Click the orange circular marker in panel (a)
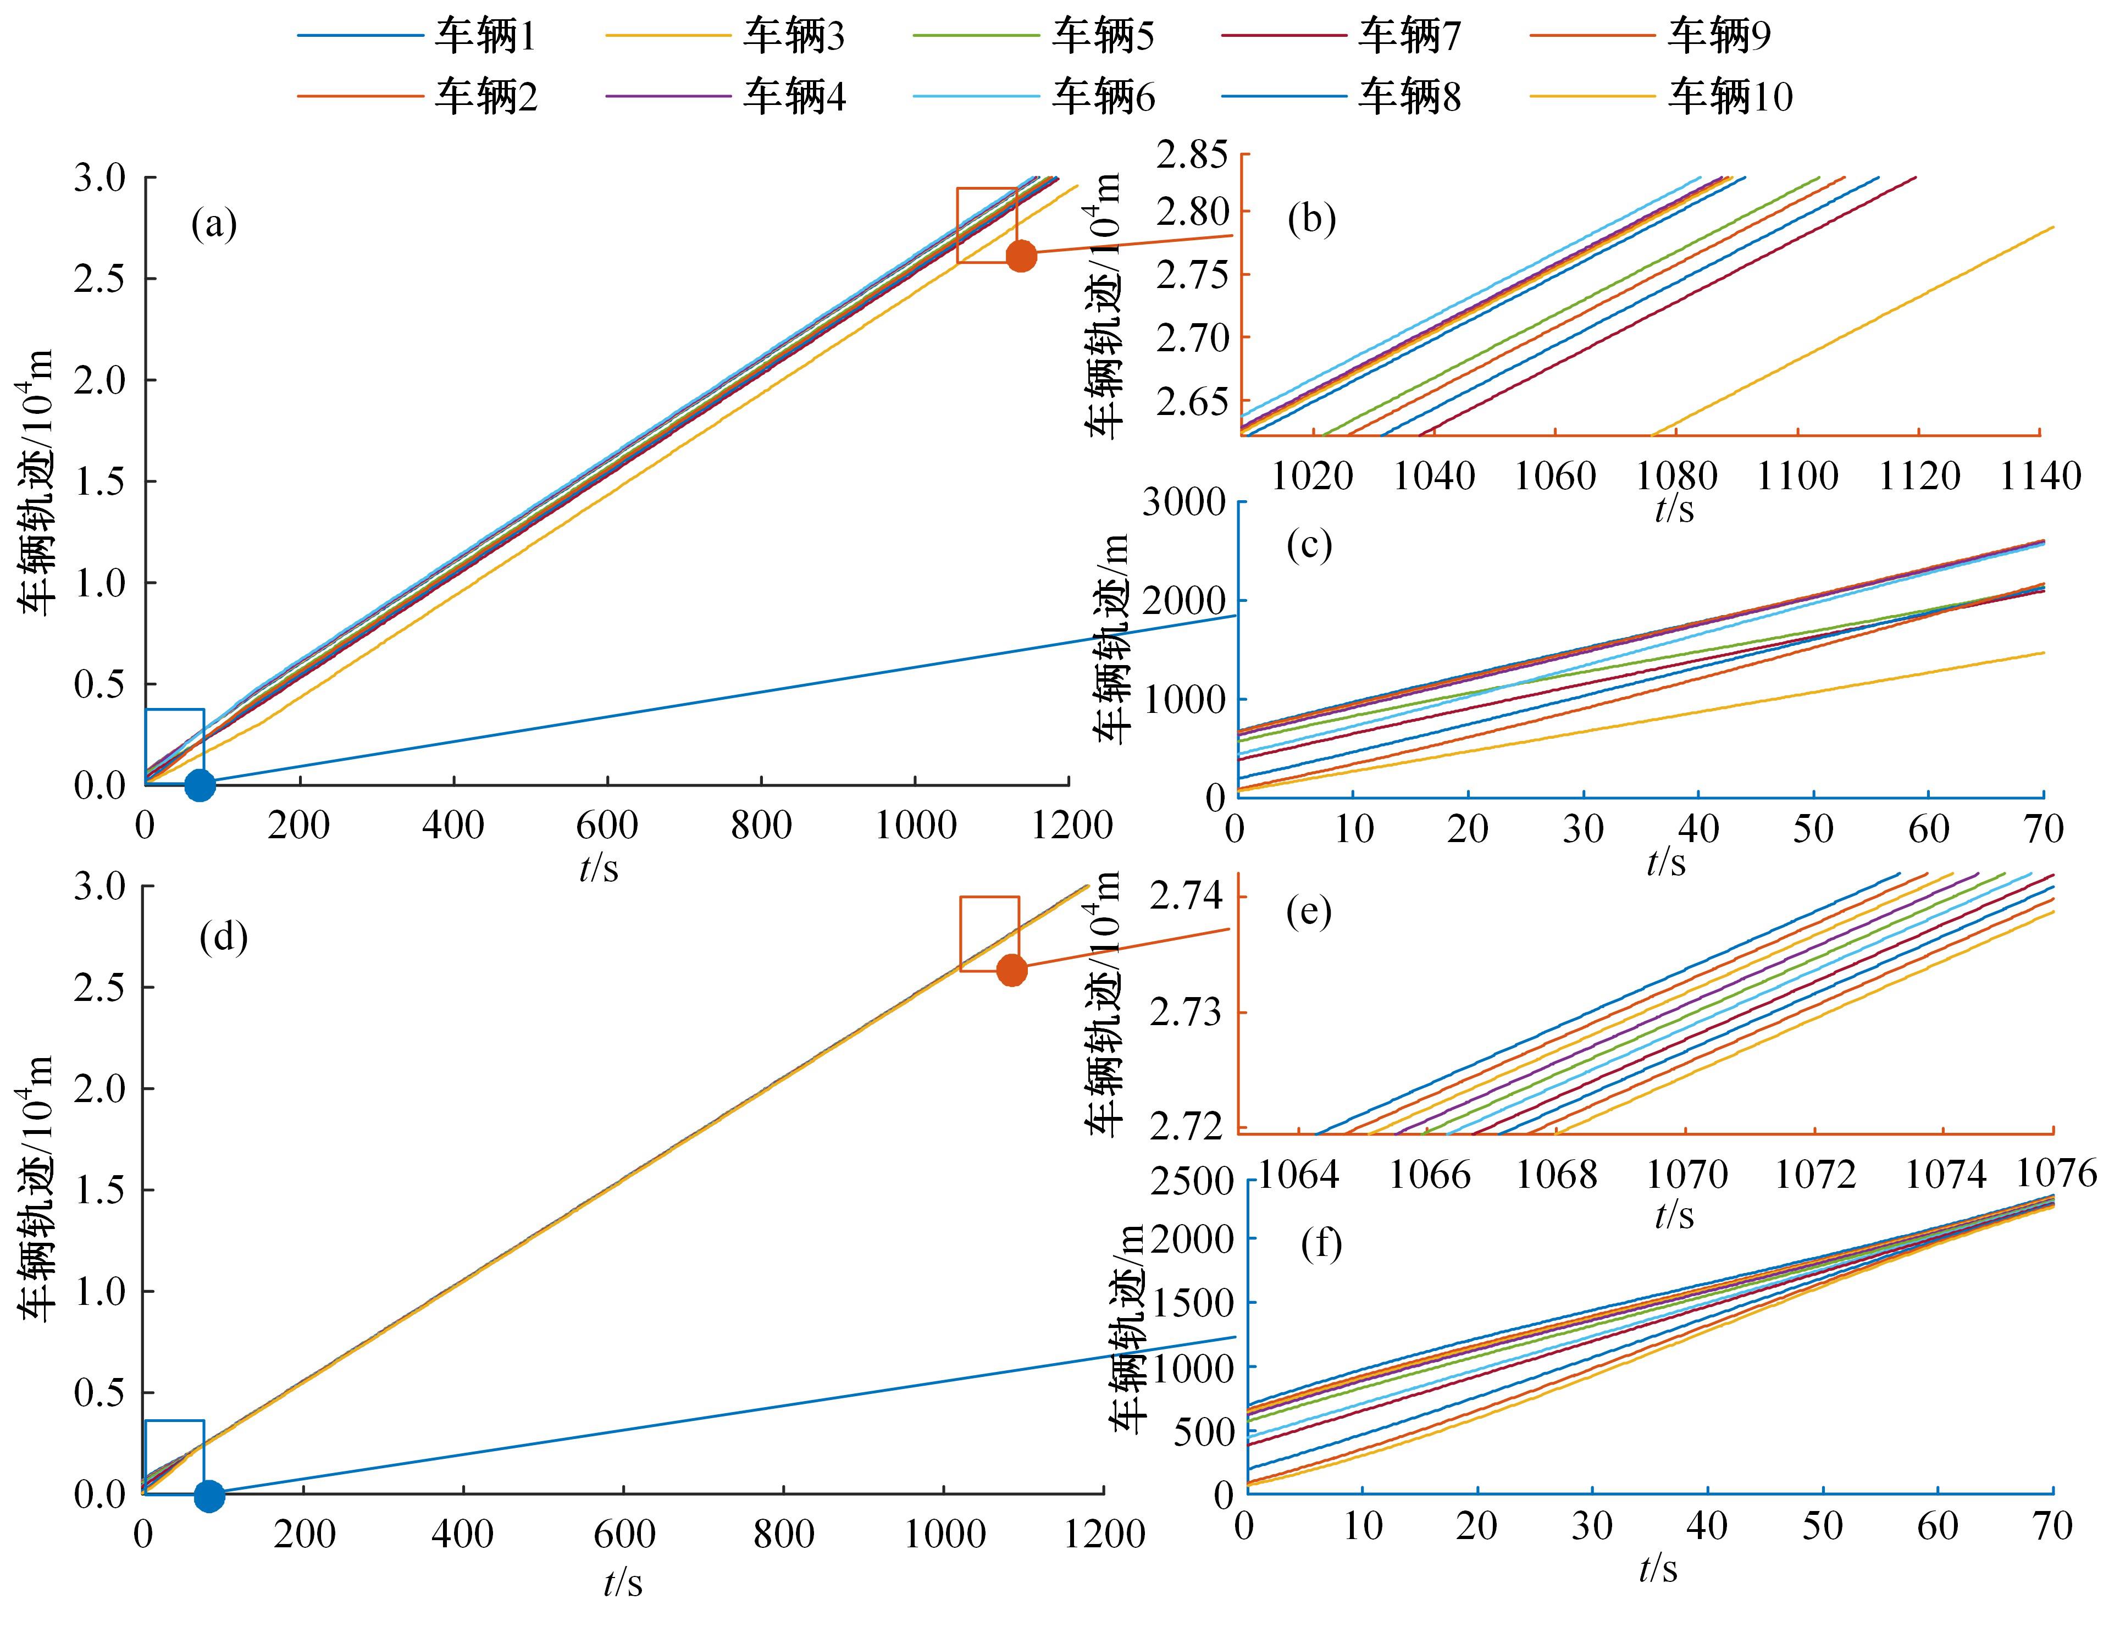(x=1021, y=257)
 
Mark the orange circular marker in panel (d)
(x=1011, y=970)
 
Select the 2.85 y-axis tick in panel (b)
(x=1190, y=155)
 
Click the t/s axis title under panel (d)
(x=623, y=1584)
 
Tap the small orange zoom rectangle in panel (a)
(x=986, y=225)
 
